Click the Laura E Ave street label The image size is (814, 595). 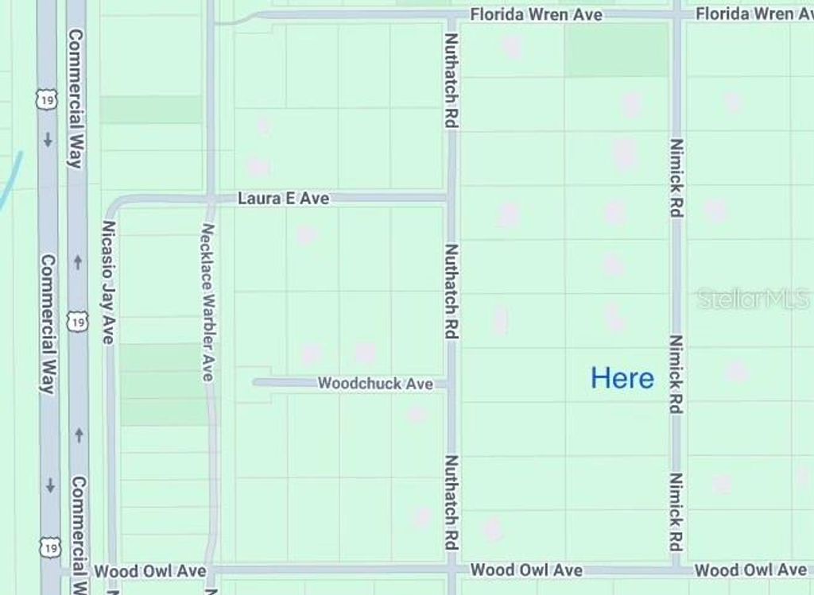283,199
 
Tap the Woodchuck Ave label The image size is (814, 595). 375,384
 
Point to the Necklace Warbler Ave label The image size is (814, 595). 208,302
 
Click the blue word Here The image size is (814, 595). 622,378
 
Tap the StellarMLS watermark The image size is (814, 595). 753,299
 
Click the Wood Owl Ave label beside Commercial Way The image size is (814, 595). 149,571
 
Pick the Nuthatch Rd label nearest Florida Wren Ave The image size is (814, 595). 452,81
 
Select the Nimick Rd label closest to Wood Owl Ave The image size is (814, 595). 676,512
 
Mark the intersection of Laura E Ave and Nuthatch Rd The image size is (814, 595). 451,199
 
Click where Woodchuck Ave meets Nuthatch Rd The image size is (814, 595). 451,384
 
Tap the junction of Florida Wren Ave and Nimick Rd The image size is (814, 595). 676,14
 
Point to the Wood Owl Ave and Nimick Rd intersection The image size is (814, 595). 676,570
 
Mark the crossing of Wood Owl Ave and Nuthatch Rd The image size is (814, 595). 452,570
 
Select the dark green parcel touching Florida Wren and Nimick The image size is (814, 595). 616,49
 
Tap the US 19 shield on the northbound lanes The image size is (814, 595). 77,322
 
